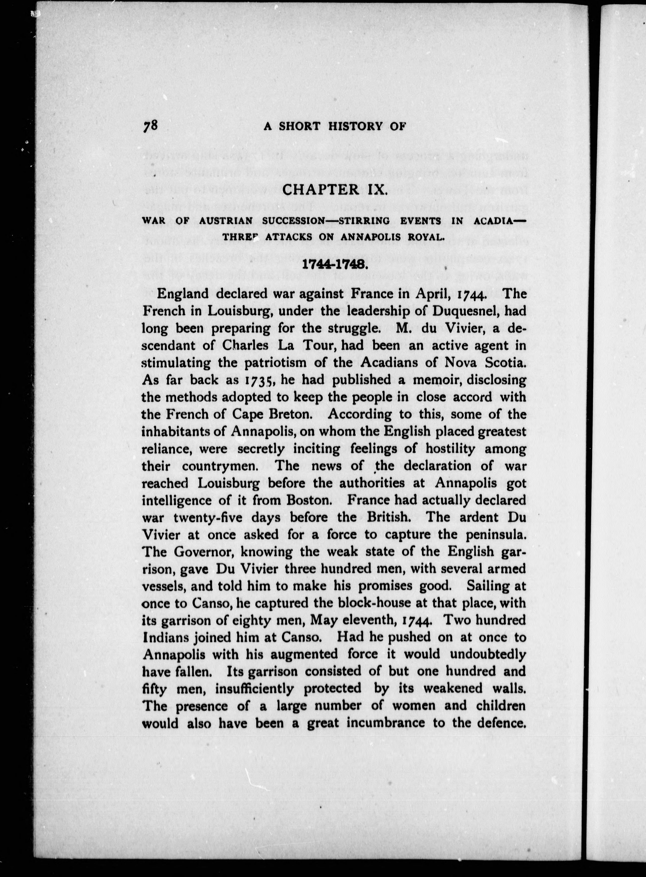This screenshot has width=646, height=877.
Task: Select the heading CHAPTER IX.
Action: click(x=334, y=190)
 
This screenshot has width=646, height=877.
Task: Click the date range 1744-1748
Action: click(x=334, y=264)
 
